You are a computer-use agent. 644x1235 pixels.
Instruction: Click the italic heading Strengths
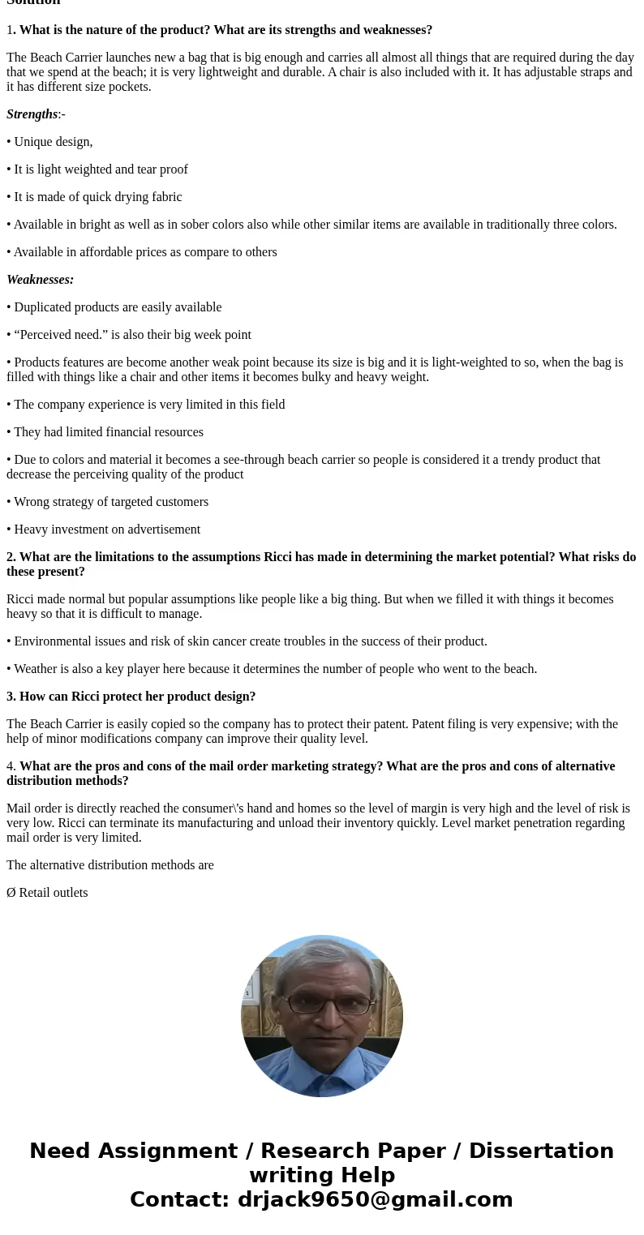pos(32,114)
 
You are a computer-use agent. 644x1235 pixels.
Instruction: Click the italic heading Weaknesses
pos(40,280)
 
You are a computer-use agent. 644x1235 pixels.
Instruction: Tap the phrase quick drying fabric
pos(132,197)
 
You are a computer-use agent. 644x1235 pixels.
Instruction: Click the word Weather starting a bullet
pos(35,669)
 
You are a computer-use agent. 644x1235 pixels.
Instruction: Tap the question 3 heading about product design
pos(131,697)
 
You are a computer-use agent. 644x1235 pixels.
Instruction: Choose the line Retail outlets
pos(53,893)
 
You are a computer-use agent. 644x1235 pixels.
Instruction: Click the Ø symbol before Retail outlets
pos(11,893)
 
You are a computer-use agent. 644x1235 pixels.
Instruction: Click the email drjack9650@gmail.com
pos(375,1200)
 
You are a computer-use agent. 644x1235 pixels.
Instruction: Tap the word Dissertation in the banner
pos(541,1151)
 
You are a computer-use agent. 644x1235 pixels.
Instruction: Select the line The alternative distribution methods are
pos(110,865)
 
